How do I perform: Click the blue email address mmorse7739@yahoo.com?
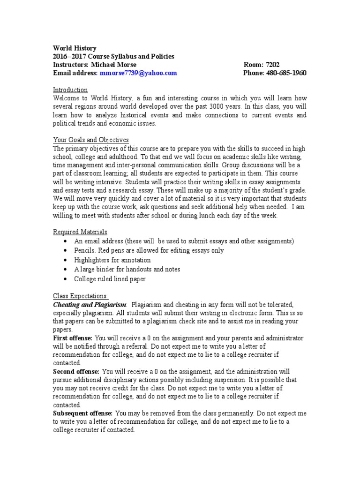pos(138,73)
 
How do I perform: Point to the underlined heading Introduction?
pos(70,90)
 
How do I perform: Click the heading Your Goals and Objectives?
pos(91,140)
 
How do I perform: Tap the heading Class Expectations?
pos(81,296)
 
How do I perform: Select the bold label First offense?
pos(73,337)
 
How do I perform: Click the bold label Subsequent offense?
pos(83,413)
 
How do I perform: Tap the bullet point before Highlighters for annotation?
pos(65,260)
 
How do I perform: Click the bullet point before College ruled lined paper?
pos(65,279)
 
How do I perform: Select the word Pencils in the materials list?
pos(85,251)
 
